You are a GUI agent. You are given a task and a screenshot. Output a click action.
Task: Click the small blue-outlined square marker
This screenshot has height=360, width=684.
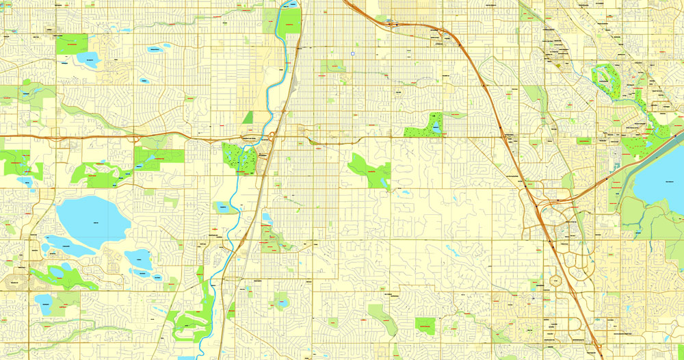[x=352, y=53]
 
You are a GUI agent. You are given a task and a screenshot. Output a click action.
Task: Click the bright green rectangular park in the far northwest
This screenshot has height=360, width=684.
[x=71, y=44]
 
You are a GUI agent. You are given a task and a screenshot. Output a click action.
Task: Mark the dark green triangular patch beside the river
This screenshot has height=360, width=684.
[x=247, y=118]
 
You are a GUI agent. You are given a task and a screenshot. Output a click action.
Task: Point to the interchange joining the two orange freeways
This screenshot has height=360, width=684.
[x=544, y=205]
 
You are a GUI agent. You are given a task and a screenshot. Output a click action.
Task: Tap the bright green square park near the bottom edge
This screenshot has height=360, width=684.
[x=425, y=324]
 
